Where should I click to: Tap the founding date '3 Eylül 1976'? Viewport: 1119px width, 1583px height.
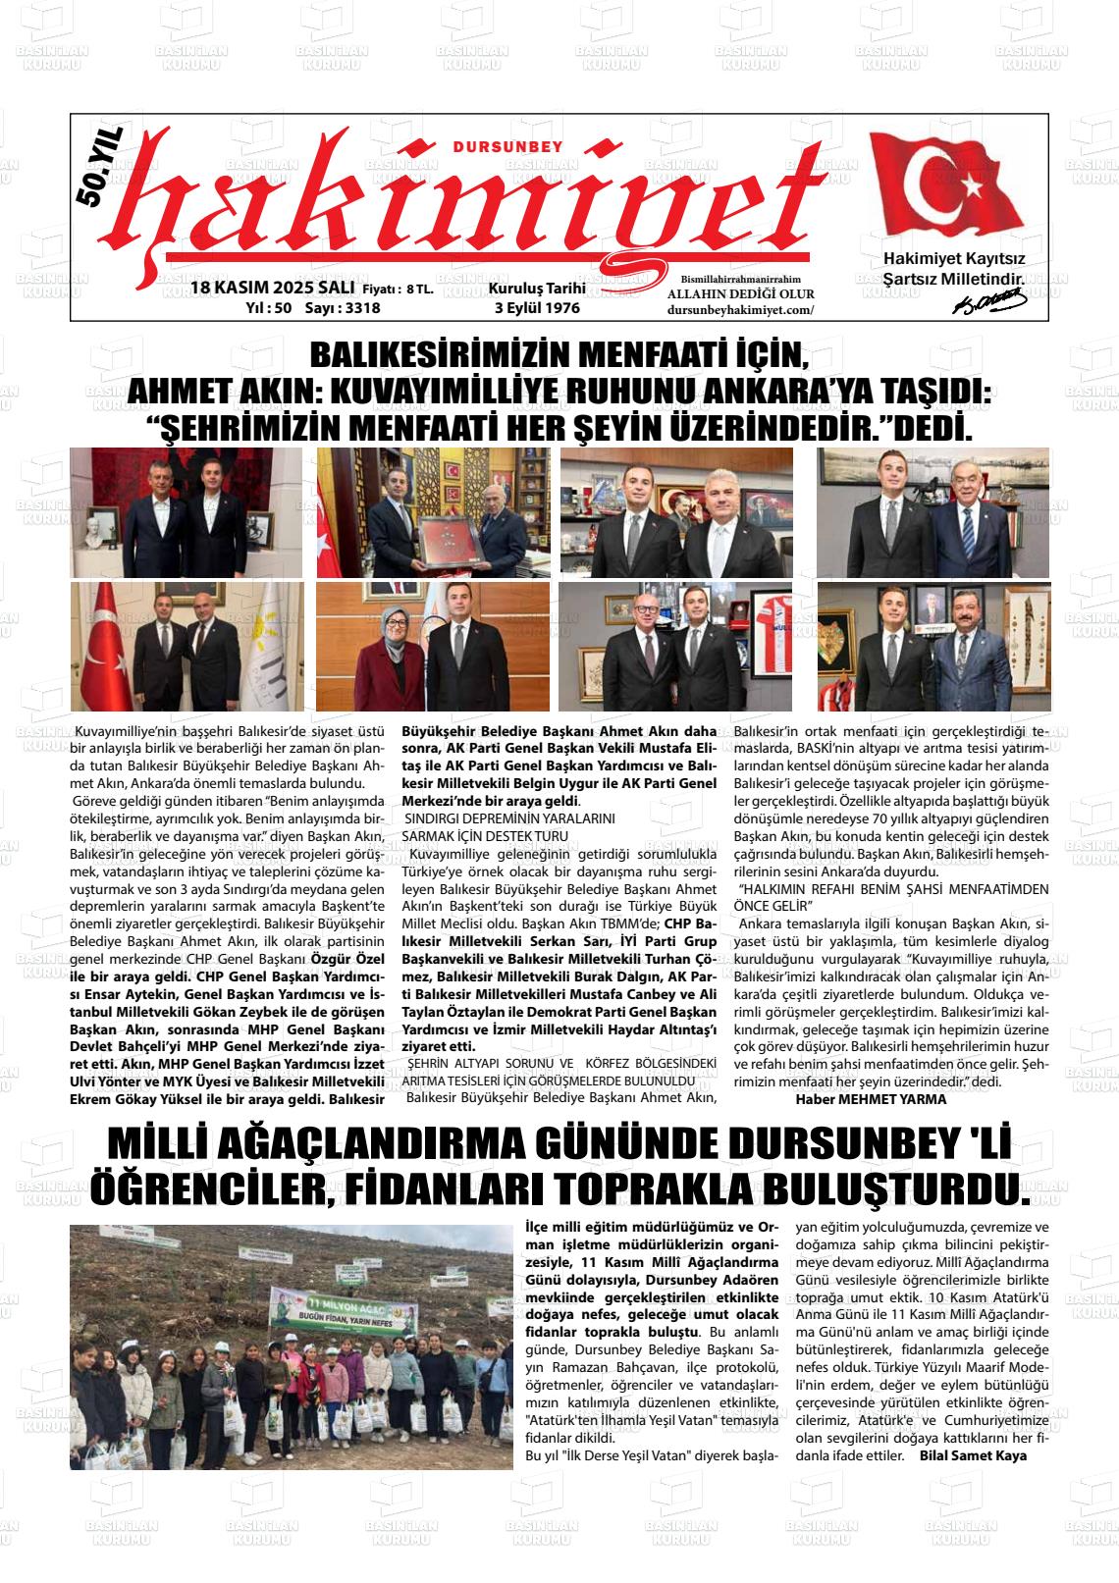(x=537, y=307)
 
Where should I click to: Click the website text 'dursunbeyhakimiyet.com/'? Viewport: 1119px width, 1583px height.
(x=740, y=309)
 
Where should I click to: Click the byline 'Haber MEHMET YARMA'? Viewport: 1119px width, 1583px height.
(x=871, y=1099)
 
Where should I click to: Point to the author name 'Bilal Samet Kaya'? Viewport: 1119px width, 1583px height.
(x=973, y=1455)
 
